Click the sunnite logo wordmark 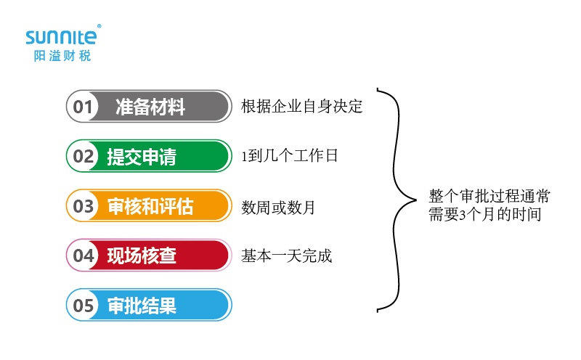pos(61,37)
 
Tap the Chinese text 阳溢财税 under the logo pos(62,56)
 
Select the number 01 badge pos(83,107)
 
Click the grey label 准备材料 pos(150,107)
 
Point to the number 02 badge pos(84,156)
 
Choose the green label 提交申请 pos(142,156)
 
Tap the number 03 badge pos(84,206)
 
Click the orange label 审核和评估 pos(150,206)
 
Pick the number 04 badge pos(84,255)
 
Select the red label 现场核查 pos(142,255)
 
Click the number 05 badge pos(84,306)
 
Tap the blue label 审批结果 pos(142,306)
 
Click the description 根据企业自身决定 pos(301,106)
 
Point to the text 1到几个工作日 pos(289,155)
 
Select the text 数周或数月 pos(278,207)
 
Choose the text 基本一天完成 pos(286,256)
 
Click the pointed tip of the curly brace pos(416,200)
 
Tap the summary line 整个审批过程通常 pos(489,196)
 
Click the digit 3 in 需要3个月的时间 pos(463,215)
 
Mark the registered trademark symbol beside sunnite pos(99,26)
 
